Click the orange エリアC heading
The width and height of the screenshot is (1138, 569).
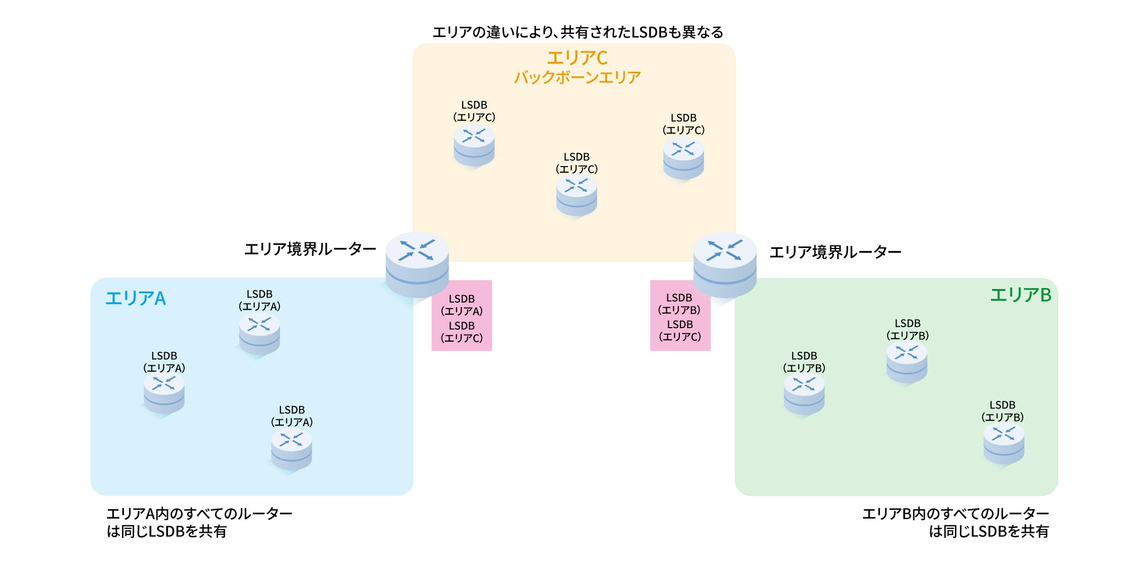pos(577,58)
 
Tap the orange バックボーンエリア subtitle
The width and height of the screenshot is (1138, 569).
pos(578,77)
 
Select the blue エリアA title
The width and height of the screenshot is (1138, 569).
pos(135,298)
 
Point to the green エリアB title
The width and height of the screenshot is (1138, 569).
pos(1021,295)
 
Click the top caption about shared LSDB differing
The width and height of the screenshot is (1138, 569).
pos(578,32)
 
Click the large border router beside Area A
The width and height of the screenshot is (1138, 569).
pos(417,265)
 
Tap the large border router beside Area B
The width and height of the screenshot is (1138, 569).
pos(725,265)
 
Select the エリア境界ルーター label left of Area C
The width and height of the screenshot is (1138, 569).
pos(310,249)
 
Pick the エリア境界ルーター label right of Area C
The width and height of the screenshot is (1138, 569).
pos(835,252)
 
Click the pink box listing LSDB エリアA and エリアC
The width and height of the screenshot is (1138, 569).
pos(462,315)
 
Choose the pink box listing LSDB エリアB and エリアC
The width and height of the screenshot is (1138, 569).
pos(680,315)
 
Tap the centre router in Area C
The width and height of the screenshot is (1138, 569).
pos(577,196)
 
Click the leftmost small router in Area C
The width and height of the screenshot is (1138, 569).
pos(474,146)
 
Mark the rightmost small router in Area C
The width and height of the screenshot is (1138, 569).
pos(683,159)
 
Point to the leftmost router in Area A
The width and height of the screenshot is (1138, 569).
pos(164,394)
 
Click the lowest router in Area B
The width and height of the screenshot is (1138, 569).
pos(1004,445)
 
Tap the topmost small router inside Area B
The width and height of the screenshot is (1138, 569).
pos(907,362)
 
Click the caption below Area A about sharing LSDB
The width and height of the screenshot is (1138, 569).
pos(199,522)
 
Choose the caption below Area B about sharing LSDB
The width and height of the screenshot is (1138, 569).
pos(955,522)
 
